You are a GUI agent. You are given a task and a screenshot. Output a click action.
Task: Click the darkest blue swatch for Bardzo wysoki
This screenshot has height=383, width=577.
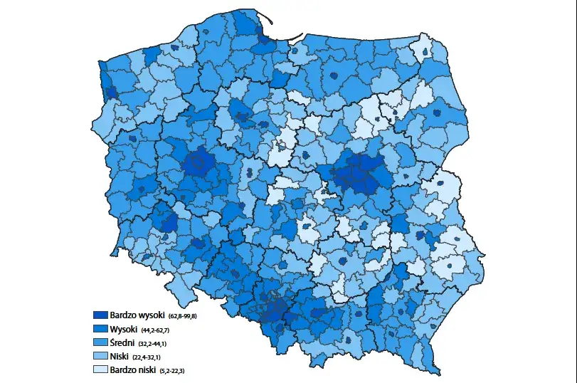coord(100,315)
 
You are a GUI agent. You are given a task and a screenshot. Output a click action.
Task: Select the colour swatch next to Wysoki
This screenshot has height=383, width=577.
coord(100,329)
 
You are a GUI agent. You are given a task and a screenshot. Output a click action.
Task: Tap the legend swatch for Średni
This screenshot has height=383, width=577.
coord(100,342)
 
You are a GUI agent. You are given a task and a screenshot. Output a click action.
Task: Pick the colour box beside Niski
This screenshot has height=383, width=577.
coord(100,356)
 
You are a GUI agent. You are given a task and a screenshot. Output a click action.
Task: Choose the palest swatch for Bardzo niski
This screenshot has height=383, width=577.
coord(100,370)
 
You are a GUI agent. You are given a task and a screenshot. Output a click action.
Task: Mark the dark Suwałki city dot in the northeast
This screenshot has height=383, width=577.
coord(425,52)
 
